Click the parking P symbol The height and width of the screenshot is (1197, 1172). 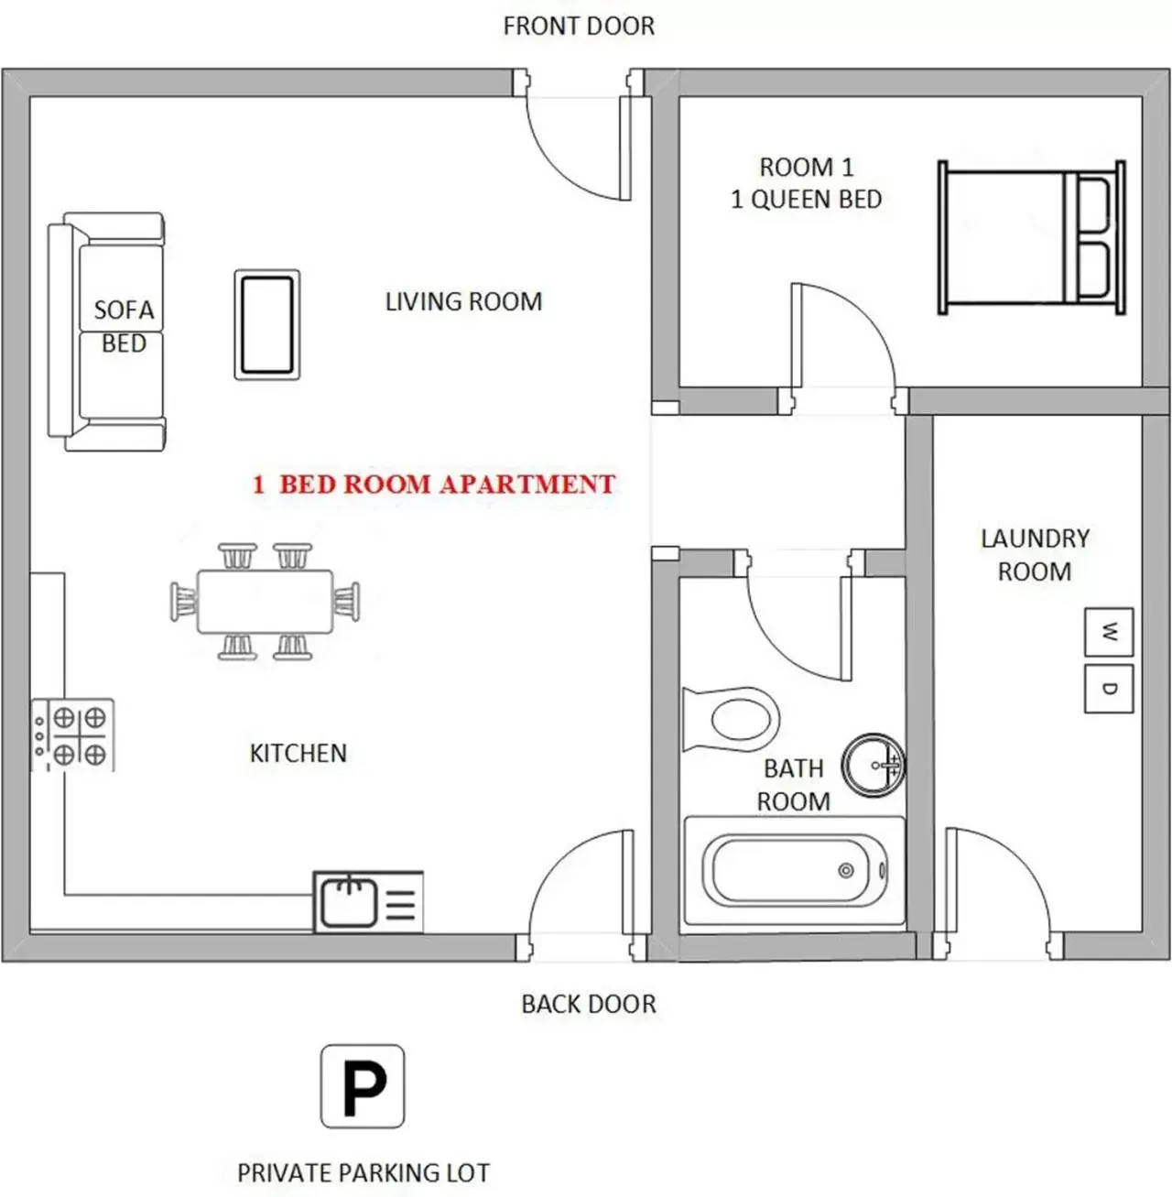363,1086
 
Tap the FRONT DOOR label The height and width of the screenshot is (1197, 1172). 579,26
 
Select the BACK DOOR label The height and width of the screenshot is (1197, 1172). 589,1004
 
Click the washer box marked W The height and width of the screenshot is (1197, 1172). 1109,632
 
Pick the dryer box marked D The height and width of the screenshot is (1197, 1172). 1109,689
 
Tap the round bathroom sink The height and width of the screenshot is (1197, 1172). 873,765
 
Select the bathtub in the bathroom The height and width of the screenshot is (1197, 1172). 794,870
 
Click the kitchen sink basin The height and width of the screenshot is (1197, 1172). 349,902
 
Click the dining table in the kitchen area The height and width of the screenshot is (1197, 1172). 265,602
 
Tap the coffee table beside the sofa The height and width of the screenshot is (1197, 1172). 267,325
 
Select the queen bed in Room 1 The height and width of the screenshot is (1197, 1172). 1031,238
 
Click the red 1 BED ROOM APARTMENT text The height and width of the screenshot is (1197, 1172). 434,484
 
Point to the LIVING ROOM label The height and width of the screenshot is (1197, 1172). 463,301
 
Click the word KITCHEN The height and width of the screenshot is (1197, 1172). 298,753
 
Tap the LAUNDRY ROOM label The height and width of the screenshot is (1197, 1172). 1035,555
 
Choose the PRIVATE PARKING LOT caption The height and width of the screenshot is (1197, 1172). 364,1172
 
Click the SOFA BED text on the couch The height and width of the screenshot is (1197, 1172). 124,327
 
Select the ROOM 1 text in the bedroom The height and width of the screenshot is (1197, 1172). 807,168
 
